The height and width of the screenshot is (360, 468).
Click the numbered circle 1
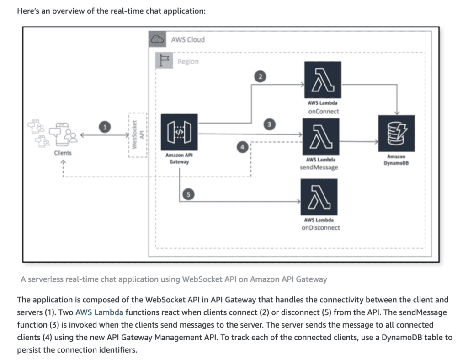pos(106,128)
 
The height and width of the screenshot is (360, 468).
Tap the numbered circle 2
pos(260,76)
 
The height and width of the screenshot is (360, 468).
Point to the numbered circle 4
pos(243,146)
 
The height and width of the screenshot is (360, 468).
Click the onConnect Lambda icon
pos(322,80)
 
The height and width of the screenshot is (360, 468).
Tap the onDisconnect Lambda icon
pos(319,197)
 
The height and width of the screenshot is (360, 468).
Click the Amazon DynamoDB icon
pos(396,133)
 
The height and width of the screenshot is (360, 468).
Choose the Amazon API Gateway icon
pos(179,133)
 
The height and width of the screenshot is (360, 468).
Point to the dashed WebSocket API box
pos(138,135)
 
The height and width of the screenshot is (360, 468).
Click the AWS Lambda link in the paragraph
pos(99,313)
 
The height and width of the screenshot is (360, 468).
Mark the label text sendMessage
pos(320,167)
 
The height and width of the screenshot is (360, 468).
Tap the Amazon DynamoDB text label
pos(396,159)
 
